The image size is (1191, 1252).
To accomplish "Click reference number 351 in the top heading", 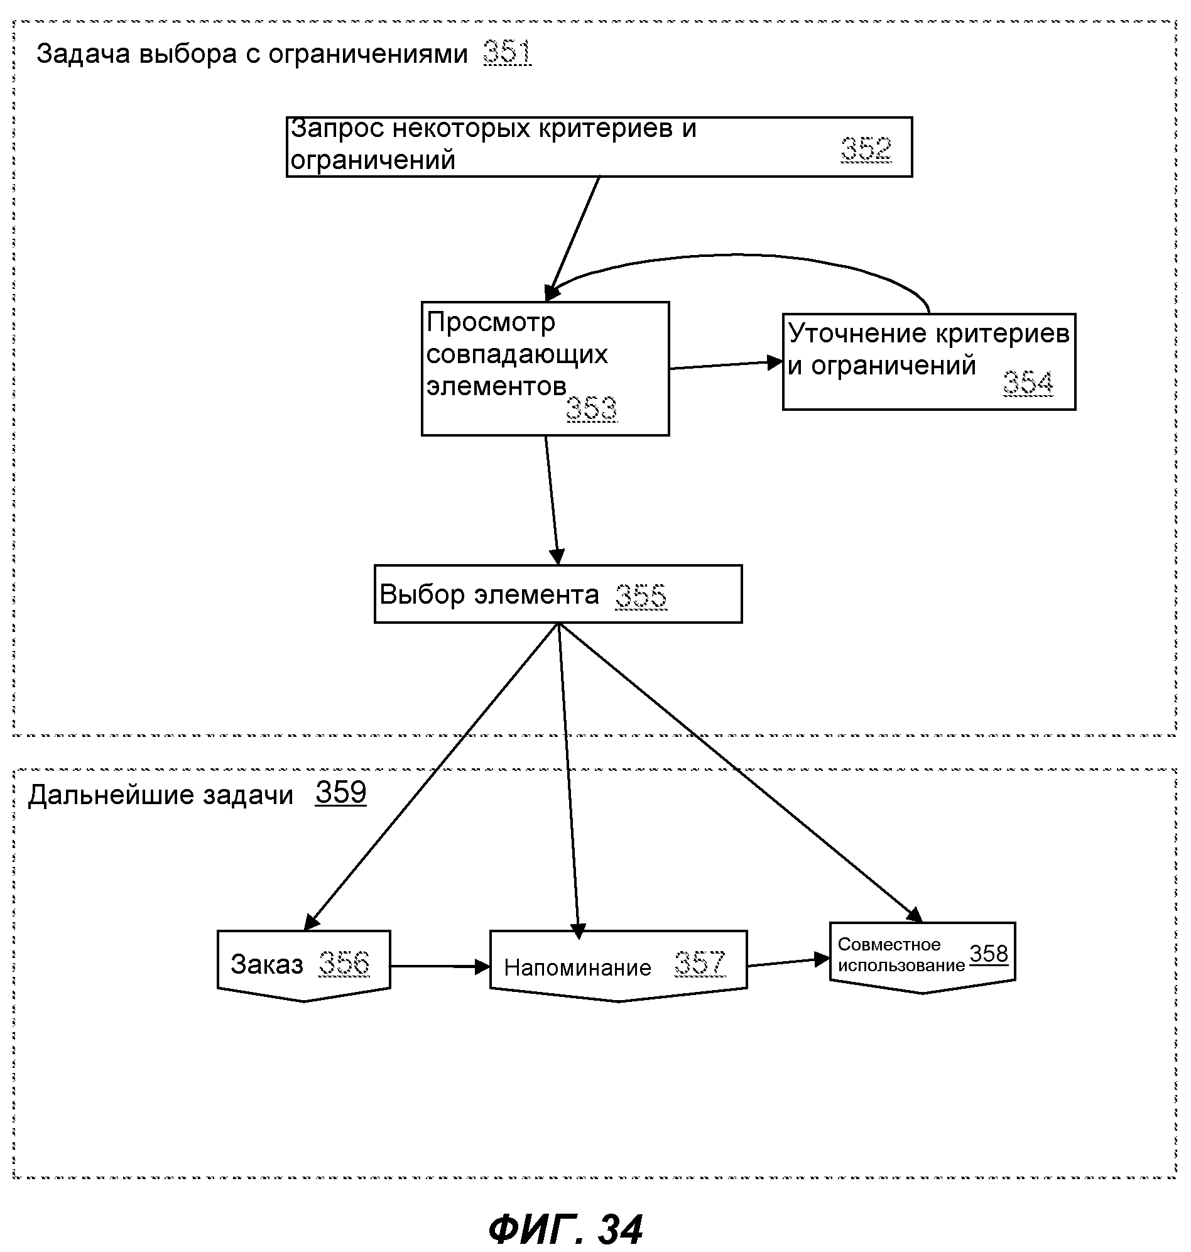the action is [x=508, y=53].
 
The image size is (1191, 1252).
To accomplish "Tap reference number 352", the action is [x=866, y=150].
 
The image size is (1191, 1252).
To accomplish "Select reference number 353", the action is [x=591, y=408].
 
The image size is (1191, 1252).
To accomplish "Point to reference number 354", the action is [x=1028, y=383].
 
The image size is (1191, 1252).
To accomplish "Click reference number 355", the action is [x=641, y=596].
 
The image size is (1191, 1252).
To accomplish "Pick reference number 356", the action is [x=344, y=963].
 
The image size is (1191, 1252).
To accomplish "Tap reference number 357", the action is [x=700, y=963].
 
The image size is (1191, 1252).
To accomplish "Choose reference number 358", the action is [x=989, y=954].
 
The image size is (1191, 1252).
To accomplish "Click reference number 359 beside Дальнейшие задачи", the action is [x=341, y=792].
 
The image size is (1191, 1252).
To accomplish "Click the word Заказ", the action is [x=266, y=964].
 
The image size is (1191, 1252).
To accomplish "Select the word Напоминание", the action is [x=578, y=967].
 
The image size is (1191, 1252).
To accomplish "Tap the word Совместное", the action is [x=889, y=944].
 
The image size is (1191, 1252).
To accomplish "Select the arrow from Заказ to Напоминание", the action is [x=440, y=966].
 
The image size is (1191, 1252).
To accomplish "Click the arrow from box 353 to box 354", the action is [x=726, y=365].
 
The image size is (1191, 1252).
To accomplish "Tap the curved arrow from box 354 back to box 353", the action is [x=736, y=255].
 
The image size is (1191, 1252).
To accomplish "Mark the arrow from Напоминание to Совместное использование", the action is [x=788, y=962].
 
